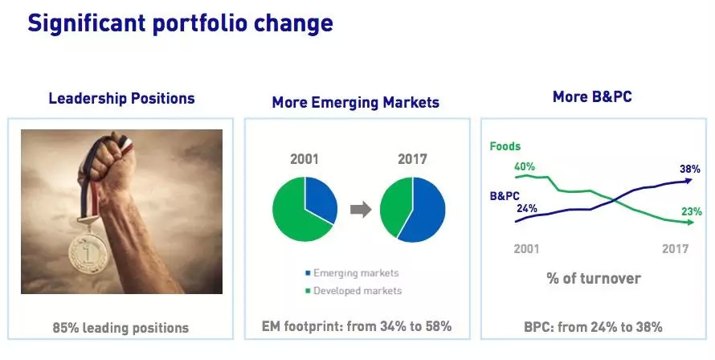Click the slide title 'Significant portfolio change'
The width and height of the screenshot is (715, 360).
[x=180, y=23]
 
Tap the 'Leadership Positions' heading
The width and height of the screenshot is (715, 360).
[x=122, y=99]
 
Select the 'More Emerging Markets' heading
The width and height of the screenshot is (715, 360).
[x=356, y=102]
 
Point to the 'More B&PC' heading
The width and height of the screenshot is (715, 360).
[x=592, y=96]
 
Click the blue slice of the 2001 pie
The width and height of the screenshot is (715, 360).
[x=320, y=198]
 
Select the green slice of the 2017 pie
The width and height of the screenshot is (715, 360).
[x=395, y=207]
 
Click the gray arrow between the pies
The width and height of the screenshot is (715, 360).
[x=361, y=210]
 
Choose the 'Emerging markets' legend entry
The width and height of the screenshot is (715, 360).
[x=352, y=273]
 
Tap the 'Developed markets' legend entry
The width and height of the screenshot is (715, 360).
[x=353, y=291]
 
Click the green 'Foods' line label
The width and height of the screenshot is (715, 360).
[x=505, y=146]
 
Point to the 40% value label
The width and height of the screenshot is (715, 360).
[x=525, y=167]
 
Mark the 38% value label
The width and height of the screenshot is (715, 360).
[x=690, y=169]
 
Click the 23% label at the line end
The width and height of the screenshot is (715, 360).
[x=692, y=211]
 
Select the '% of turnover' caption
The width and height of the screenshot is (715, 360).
[x=594, y=278]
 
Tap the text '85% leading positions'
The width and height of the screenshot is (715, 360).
[x=121, y=328]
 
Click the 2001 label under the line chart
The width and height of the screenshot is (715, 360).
[x=526, y=248]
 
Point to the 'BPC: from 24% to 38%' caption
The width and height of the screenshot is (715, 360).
[x=593, y=327]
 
